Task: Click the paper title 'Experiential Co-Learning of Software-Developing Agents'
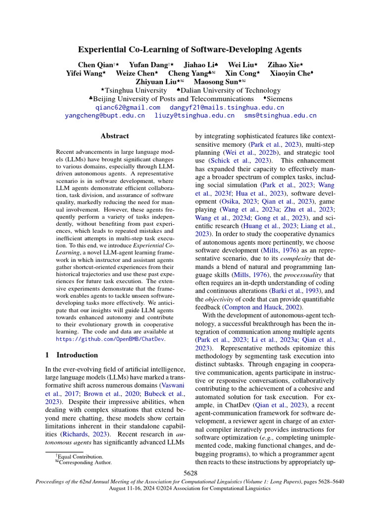point(190,49)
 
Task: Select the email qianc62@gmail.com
point(128,107)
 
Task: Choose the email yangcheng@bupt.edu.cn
point(105,116)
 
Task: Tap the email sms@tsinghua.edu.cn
point(280,116)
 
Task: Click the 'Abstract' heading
point(115,136)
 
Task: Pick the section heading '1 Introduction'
point(72,355)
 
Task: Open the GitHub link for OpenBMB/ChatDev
point(110,339)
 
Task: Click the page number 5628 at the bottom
point(190,473)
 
